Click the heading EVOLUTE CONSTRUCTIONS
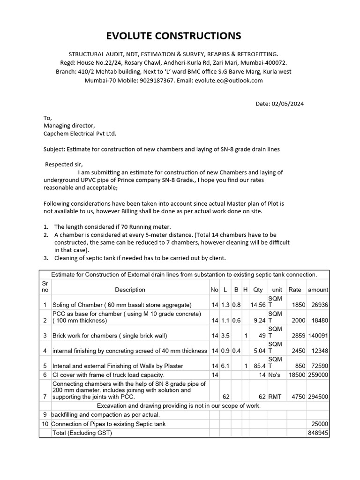coord(180,36)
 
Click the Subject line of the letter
coord(162,149)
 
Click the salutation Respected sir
coord(64,165)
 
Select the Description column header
coord(130,290)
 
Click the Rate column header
coord(295,290)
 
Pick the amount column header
coord(318,290)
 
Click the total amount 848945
coord(318,433)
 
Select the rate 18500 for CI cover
coord(296,375)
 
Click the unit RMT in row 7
coord(275,396)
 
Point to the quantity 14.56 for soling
coord(258,305)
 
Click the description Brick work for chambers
coord(103,336)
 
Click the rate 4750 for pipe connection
coord(299,396)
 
